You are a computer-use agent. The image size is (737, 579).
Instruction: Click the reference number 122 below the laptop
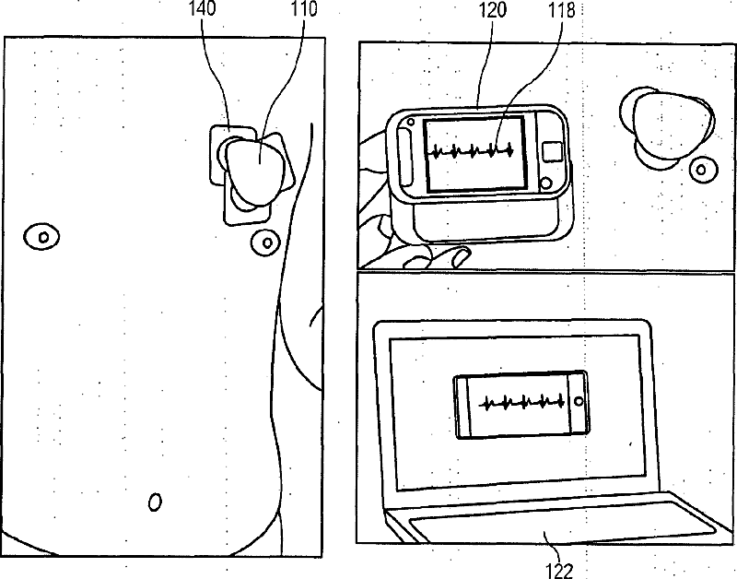[x=558, y=571]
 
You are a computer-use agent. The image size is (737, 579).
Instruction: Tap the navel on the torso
[x=155, y=502]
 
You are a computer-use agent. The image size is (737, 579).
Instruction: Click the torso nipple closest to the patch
[x=265, y=244]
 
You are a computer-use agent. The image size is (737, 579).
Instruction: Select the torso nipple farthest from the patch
[x=42, y=236]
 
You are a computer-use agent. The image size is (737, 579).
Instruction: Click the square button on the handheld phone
[x=553, y=150]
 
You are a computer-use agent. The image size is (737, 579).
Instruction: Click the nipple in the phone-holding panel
[x=702, y=170]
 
